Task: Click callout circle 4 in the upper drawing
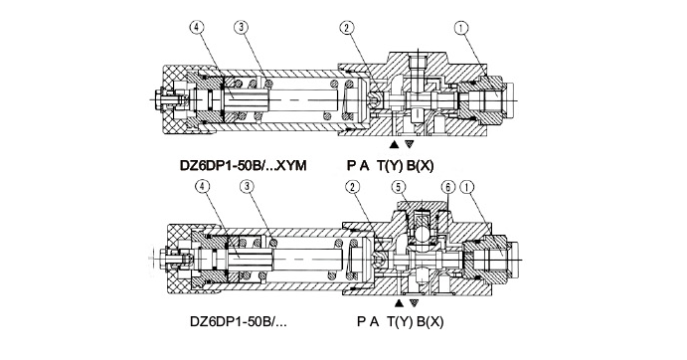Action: (197, 28)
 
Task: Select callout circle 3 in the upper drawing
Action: (241, 28)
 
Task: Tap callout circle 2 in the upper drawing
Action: (346, 28)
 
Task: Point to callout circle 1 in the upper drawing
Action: (461, 28)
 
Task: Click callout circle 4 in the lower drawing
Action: (202, 186)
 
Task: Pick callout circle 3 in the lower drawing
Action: (248, 186)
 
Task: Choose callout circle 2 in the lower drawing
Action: (353, 187)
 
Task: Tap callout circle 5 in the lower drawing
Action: (398, 187)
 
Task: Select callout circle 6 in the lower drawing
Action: (447, 187)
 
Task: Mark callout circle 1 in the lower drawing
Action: (467, 187)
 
